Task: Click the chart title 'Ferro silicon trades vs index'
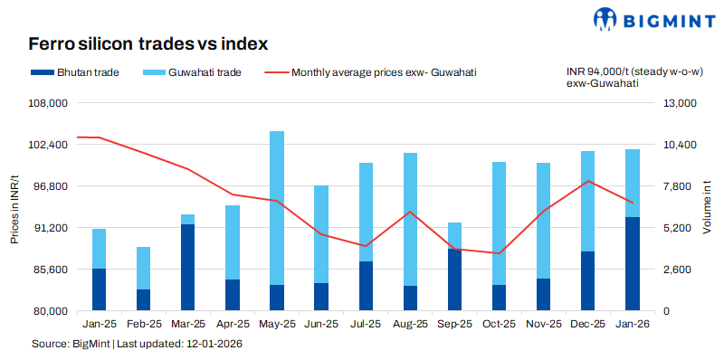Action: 148,43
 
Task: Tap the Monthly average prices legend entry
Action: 370,71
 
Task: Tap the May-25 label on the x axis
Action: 277,324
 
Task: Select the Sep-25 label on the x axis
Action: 455,324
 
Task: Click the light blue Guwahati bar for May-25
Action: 277,208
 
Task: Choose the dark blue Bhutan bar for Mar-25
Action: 188,267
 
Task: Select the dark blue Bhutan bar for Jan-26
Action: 633,263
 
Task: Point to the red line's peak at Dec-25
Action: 588,181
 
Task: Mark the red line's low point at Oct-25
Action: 500,253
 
